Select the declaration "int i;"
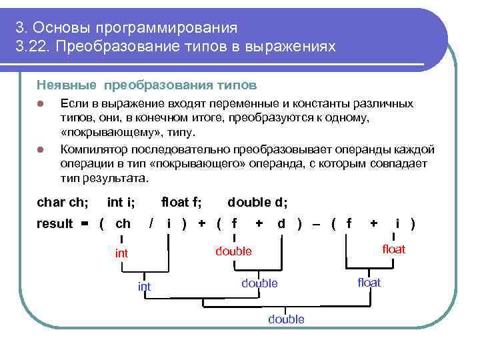[125, 201]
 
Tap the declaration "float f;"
[182, 201]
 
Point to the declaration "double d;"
[258, 201]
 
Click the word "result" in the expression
[55, 223]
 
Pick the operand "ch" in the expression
[123, 223]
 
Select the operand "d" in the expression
[281, 223]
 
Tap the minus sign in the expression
[316, 223]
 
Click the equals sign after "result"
[84, 223]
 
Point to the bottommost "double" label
[286, 319]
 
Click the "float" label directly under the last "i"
[393, 249]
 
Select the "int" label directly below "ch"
[121, 253]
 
